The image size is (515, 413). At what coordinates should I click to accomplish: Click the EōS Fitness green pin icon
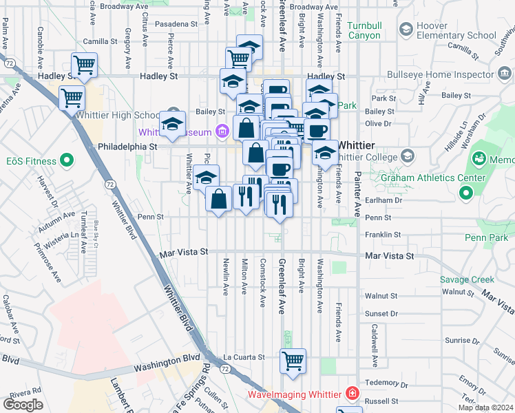tap(67, 161)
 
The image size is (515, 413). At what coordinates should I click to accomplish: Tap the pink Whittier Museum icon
tap(222, 131)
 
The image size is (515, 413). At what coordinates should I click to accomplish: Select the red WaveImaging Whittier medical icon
tap(353, 394)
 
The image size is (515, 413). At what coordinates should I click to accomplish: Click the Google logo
tap(23, 404)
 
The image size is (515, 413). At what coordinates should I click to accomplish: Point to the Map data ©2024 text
tap(485, 407)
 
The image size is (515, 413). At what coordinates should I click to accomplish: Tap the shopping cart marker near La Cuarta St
tap(293, 361)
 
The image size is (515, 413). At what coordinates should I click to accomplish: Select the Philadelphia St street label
tap(128, 147)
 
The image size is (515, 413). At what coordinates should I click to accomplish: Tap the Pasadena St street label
tap(175, 23)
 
